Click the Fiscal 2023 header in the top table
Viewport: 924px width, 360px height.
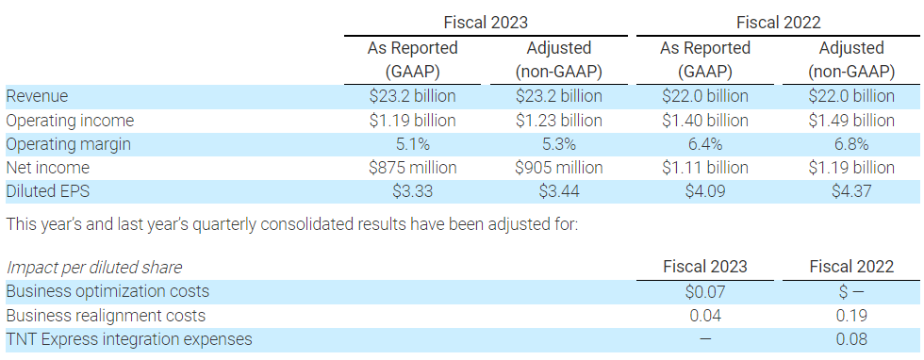coord(486,23)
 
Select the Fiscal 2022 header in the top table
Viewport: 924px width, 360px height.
coord(778,23)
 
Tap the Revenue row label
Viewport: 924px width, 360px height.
coord(37,96)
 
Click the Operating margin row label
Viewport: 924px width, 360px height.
coord(68,144)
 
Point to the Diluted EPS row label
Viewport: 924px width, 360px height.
coord(48,191)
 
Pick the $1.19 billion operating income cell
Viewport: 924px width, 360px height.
coord(413,121)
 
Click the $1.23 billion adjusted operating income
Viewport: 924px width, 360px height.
coord(558,121)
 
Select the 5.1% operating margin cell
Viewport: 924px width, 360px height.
coord(413,144)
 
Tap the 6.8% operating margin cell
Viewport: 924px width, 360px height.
coord(851,144)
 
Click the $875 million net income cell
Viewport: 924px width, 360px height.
coord(413,168)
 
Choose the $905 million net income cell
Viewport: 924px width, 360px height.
coord(558,168)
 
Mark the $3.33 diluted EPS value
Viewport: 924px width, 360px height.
coord(413,191)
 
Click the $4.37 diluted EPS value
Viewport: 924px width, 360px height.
coord(851,191)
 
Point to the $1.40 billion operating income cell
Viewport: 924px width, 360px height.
coord(705,121)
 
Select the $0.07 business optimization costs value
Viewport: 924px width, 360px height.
coord(705,291)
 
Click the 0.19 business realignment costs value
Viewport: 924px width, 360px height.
coord(851,315)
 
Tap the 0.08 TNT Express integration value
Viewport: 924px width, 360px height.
coord(851,339)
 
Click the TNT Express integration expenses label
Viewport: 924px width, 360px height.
coord(129,339)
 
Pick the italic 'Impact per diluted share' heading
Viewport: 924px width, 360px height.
coord(93,268)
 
